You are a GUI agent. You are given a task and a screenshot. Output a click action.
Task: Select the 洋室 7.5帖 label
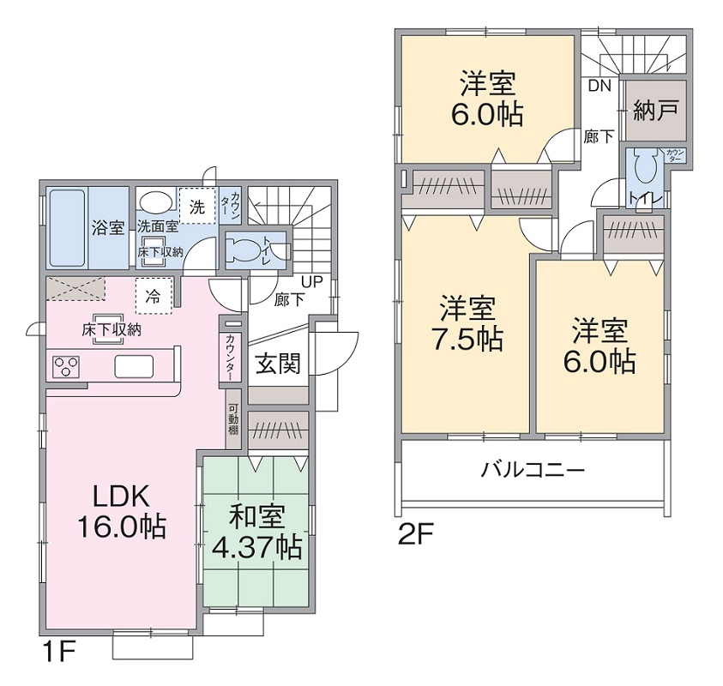pyautogui.click(x=467, y=324)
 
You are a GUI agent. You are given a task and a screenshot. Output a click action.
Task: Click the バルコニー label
pyautogui.click(x=533, y=471)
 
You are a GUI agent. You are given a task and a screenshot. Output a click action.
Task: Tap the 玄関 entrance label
pyautogui.click(x=278, y=364)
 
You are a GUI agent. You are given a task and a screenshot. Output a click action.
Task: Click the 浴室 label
pyautogui.click(x=108, y=228)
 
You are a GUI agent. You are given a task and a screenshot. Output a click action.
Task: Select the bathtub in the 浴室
pyautogui.click(x=65, y=227)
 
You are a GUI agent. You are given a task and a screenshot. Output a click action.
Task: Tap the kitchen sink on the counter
pyautogui.click(x=133, y=367)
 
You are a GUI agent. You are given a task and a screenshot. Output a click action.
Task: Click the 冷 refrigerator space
pyautogui.click(x=154, y=296)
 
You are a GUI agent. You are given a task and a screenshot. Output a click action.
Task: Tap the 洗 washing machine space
pyautogui.click(x=197, y=206)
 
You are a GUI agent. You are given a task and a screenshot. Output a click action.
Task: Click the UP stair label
pyautogui.click(x=310, y=282)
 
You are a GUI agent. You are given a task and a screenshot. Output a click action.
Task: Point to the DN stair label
pyautogui.click(x=599, y=85)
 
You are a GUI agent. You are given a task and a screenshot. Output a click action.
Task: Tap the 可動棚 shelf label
pyautogui.click(x=233, y=418)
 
